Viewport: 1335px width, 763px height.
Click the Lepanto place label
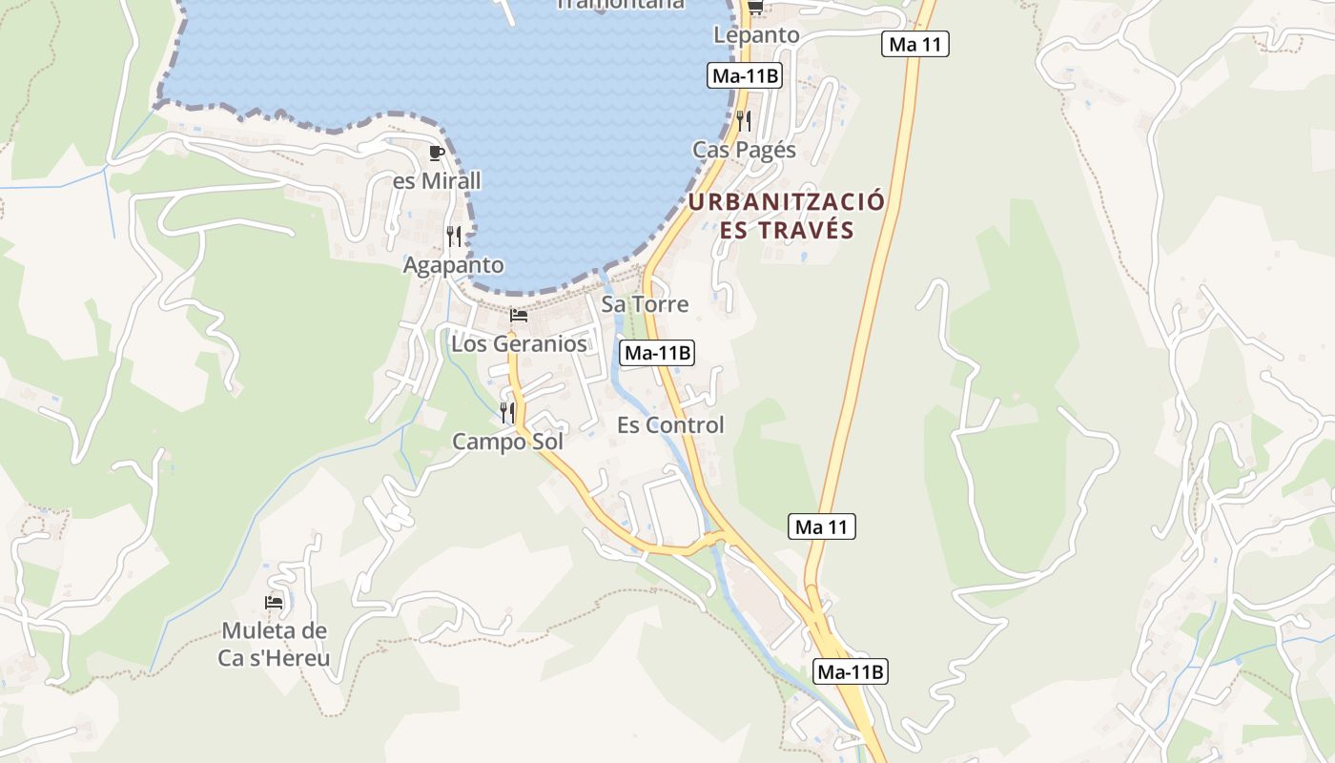coord(756,35)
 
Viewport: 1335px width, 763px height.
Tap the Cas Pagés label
coord(744,150)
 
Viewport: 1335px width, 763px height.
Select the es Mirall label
coord(437,180)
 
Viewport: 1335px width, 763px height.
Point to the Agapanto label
coord(453,264)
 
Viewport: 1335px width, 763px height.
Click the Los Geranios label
coord(519,343)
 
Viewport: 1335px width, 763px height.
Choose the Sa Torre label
coord(645,304)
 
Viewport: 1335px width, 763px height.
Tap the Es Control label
coord(670,424)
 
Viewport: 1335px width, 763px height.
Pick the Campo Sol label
coord(507,442)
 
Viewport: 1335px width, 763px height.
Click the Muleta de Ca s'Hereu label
coord(274,644)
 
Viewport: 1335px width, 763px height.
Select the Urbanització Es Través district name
coord(787,216)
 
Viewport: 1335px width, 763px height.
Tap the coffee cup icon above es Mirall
coord(437,153)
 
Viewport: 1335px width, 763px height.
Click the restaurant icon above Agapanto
coord(454,236)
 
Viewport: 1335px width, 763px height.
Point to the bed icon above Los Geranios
coord(519,316)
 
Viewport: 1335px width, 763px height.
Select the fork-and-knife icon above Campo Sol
coord(507,413)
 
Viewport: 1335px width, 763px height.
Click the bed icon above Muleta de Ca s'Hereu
coord(274,603)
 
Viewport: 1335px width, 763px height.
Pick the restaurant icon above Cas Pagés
coord(744,121)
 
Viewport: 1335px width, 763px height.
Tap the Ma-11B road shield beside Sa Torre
coord(657,353)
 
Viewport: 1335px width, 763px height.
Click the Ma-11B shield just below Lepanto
coord(745,76)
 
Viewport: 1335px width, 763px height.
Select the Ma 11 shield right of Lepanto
coord(914,44)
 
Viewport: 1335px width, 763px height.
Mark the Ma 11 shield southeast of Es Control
coord(822,526)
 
